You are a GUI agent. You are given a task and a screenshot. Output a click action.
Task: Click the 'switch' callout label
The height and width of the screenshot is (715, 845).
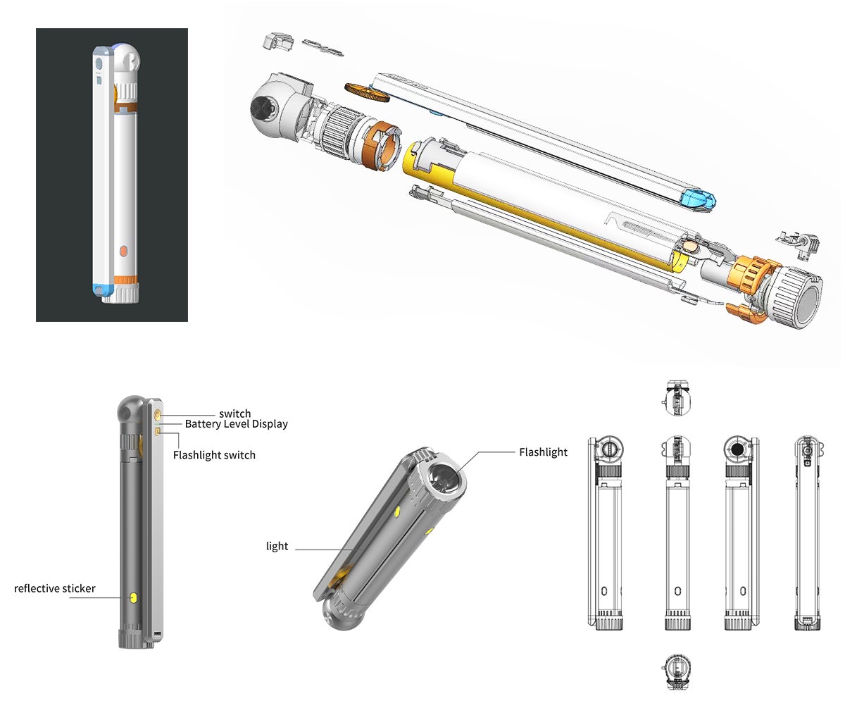[234, 414]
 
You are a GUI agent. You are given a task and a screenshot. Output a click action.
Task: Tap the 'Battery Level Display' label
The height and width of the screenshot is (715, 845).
[237, 424]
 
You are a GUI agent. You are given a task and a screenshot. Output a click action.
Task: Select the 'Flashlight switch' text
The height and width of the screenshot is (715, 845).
[214, 455]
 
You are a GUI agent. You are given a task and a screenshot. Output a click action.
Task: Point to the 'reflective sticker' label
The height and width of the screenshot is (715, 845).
[55, 589]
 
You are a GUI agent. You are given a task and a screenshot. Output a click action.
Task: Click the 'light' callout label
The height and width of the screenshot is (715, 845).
[277, 547]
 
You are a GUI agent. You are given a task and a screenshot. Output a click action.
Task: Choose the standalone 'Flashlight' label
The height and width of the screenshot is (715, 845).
[544, 452]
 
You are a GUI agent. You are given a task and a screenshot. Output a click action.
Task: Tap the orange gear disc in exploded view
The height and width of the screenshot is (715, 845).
[367, 93]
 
